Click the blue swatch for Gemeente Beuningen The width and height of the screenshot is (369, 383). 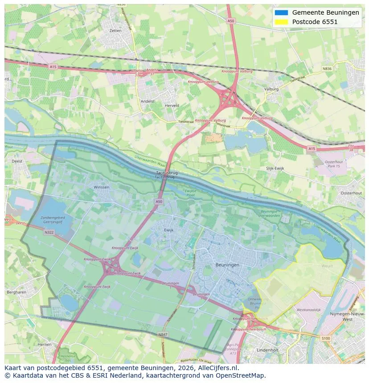(282, 12)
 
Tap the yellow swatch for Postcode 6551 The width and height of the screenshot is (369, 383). (282, 22)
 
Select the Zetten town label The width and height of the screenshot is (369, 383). (115, 31)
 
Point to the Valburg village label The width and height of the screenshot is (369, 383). (271, 89)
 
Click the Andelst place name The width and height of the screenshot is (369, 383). (148, 101)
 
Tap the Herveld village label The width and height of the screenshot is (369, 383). (172, 105)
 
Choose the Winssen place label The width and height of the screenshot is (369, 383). (101, 187)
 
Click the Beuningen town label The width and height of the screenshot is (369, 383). (227, 265)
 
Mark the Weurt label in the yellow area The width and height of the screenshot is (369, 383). (327, 266)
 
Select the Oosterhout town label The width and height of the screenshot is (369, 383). (351, 193)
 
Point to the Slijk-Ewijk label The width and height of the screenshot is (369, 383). (275, 169)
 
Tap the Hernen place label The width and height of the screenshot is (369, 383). (45, 344)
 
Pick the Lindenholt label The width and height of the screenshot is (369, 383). (267, 350)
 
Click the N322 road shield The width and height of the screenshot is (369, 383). (49, 232)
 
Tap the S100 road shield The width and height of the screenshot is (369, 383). (326, 339)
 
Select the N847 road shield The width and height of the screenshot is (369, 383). (162, 334)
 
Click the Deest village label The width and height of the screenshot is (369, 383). (17, 161)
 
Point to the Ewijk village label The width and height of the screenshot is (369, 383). (168, 230)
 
